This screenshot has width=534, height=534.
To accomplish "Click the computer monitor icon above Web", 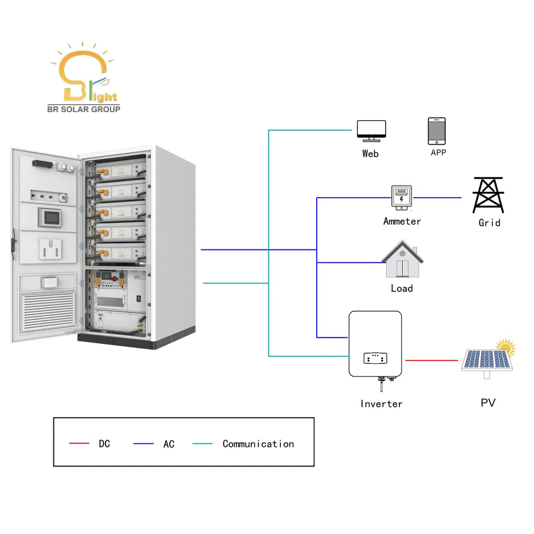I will click(371, 130).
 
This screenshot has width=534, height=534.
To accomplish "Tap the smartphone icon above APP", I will click(436, 131).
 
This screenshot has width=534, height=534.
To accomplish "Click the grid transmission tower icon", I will click(489, 195).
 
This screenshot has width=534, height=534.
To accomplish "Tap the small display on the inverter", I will click(375, 358).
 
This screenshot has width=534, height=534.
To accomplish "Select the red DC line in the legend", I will click(79, 444).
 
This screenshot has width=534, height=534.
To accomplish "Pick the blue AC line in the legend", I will click(143, 444).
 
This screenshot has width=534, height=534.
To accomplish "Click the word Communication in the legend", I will click(258, 444).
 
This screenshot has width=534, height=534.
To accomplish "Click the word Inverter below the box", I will click(381, 404).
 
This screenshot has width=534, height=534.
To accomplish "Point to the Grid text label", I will click(489, 222).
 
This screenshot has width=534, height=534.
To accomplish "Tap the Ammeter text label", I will click(402, 221).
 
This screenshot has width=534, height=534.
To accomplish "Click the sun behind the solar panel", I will click(506, 348).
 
